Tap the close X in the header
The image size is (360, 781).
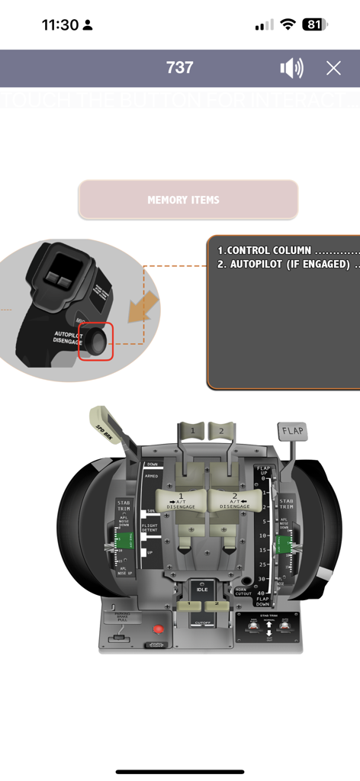(x=333, y=68)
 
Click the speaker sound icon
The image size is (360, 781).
(x=291, y=68)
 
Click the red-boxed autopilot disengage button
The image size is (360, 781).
(x=98, y=341)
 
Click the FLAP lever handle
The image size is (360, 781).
(x=293, y=431)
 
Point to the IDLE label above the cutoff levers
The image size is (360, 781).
(x=202, y=590)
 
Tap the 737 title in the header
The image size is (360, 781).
(x=180, y=68)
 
